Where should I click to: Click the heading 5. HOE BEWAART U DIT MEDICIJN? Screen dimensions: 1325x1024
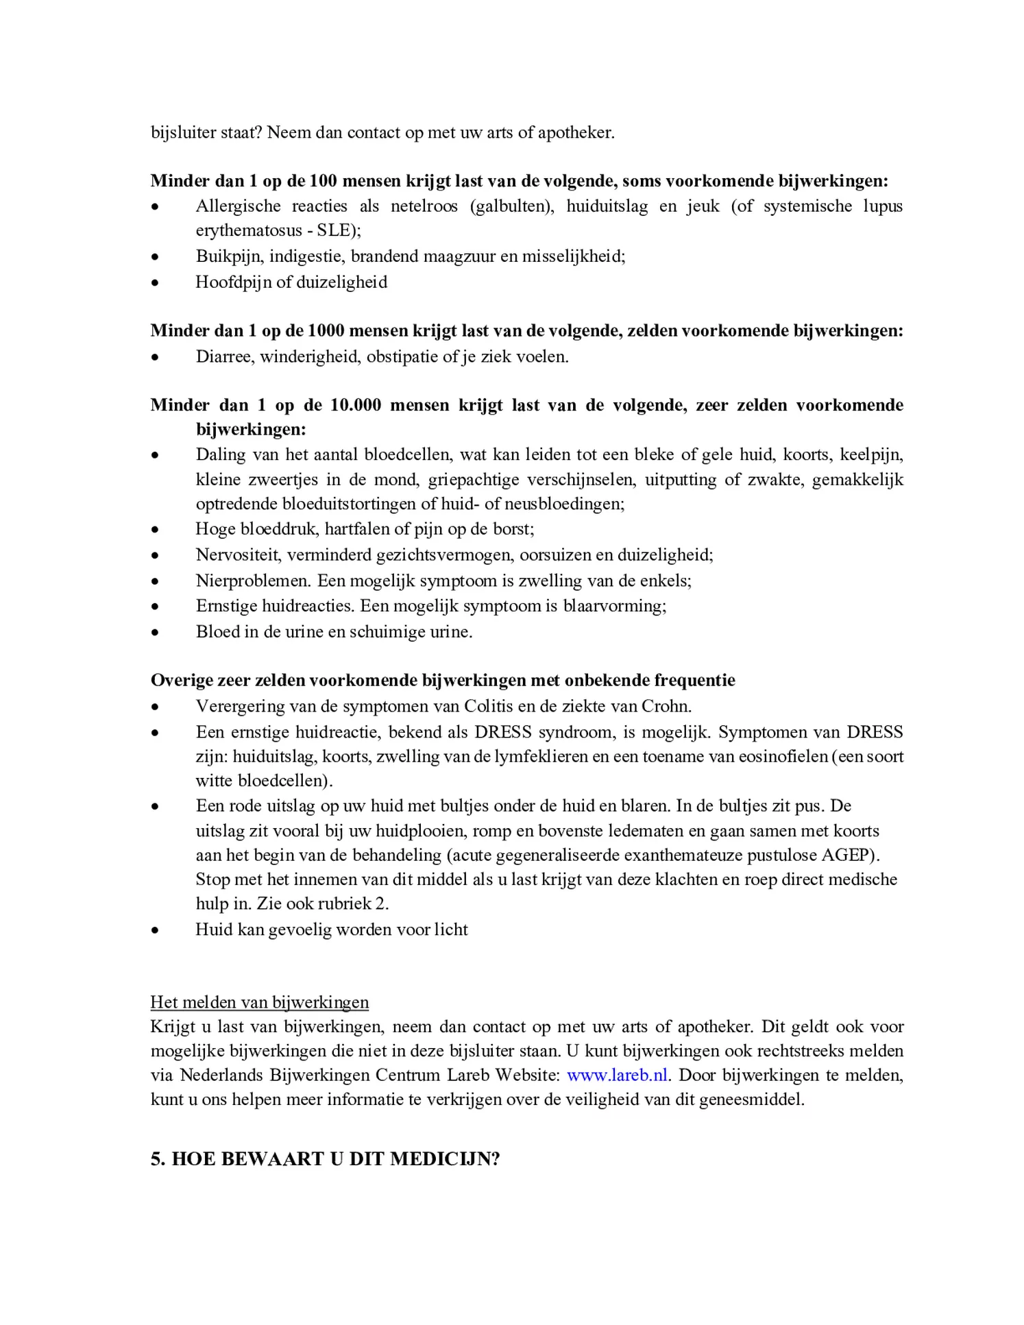325,1158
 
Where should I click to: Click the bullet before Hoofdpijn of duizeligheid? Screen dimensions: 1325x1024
156,282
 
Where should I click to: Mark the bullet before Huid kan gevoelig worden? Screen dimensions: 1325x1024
156,930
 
